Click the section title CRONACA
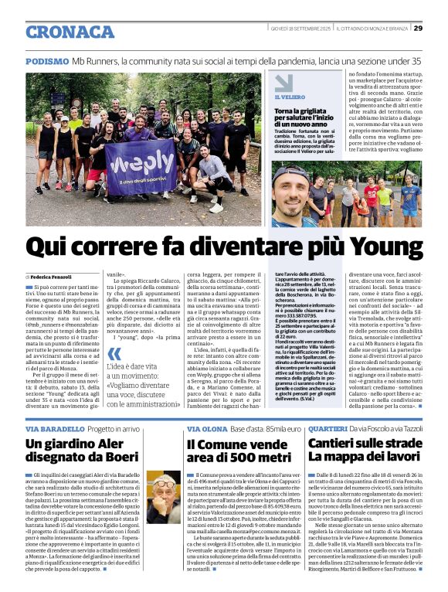point(70,32)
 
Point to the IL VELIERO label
point(290,97)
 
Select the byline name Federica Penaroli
point(53,276)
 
